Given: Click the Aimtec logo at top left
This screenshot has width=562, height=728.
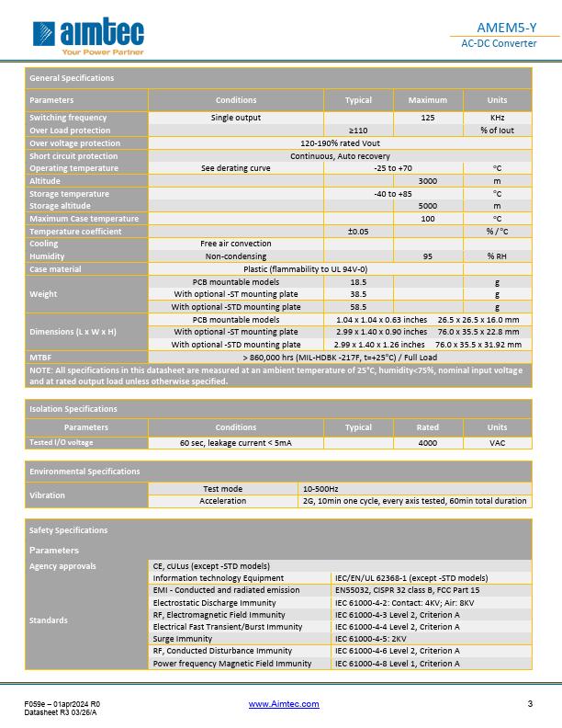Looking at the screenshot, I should (x=86, y=38).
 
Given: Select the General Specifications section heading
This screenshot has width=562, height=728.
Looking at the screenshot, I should (x=72, y=78).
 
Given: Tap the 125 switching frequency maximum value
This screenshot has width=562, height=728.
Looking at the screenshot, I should (x=427, y=118).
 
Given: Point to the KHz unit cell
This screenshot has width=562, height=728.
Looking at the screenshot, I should (x=497, y=118).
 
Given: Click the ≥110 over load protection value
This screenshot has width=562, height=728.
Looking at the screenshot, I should (x=358, y=131).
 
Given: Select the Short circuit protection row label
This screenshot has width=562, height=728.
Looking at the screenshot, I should (x=73, y=156).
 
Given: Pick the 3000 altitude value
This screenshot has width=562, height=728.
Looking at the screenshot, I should (x=427, y=181).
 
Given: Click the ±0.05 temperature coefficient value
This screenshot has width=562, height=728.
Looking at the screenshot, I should (x=358, y=232).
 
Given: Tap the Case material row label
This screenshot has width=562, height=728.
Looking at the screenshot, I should (x=55, y=269).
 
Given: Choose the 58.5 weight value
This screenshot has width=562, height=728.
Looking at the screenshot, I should (x=358, y=307).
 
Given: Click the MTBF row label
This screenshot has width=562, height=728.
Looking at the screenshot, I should (x=40, y=356).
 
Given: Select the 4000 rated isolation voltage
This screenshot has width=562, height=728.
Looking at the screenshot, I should (x=427, y=443).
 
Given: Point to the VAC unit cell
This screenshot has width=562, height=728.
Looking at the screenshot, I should (x=497, y=443).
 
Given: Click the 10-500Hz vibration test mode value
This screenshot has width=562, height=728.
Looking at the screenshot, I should (x=320, y=489).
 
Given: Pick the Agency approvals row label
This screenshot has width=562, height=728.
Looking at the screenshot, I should (x=62, y=566).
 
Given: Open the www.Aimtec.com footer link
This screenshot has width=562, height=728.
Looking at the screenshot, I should (x=285, y=704).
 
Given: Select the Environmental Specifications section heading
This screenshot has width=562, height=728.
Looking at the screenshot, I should (x=84, y=472).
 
